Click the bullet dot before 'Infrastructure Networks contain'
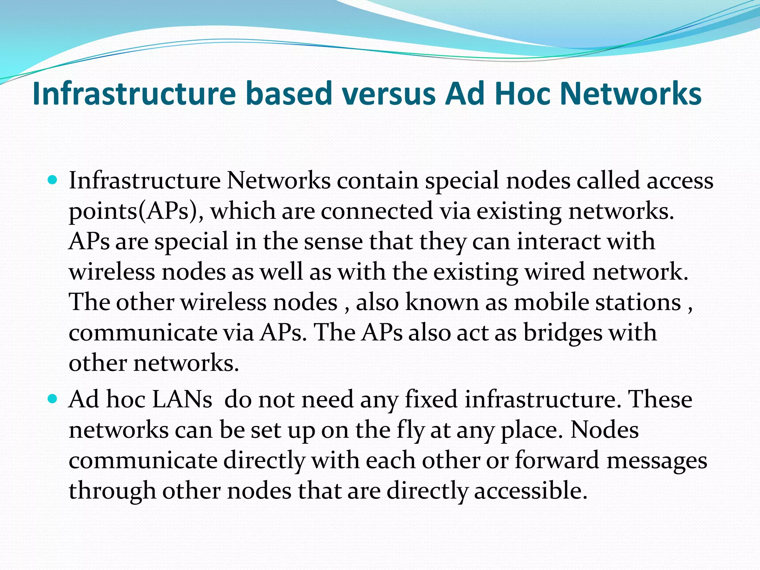tap(53, 181)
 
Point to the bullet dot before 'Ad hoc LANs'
tap(53, 399)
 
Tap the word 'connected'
tap(377, 211)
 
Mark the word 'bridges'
tap(563, 333)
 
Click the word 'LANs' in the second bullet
tap(182, 400)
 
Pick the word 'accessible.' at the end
tap(531, 491)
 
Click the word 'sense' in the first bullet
tap(333, 242)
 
